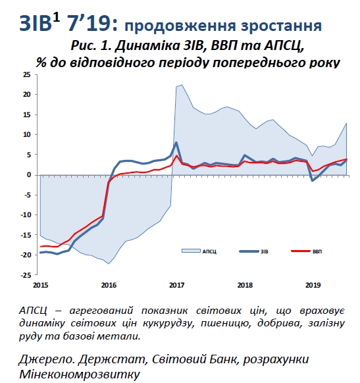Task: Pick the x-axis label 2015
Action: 41,285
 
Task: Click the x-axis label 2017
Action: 176,285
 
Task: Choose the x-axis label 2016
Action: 109,285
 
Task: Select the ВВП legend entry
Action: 317,251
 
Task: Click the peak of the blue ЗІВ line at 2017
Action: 176,142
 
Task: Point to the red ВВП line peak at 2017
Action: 176,156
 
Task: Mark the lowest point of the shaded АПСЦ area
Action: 109,263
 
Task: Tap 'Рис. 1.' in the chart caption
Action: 91,46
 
